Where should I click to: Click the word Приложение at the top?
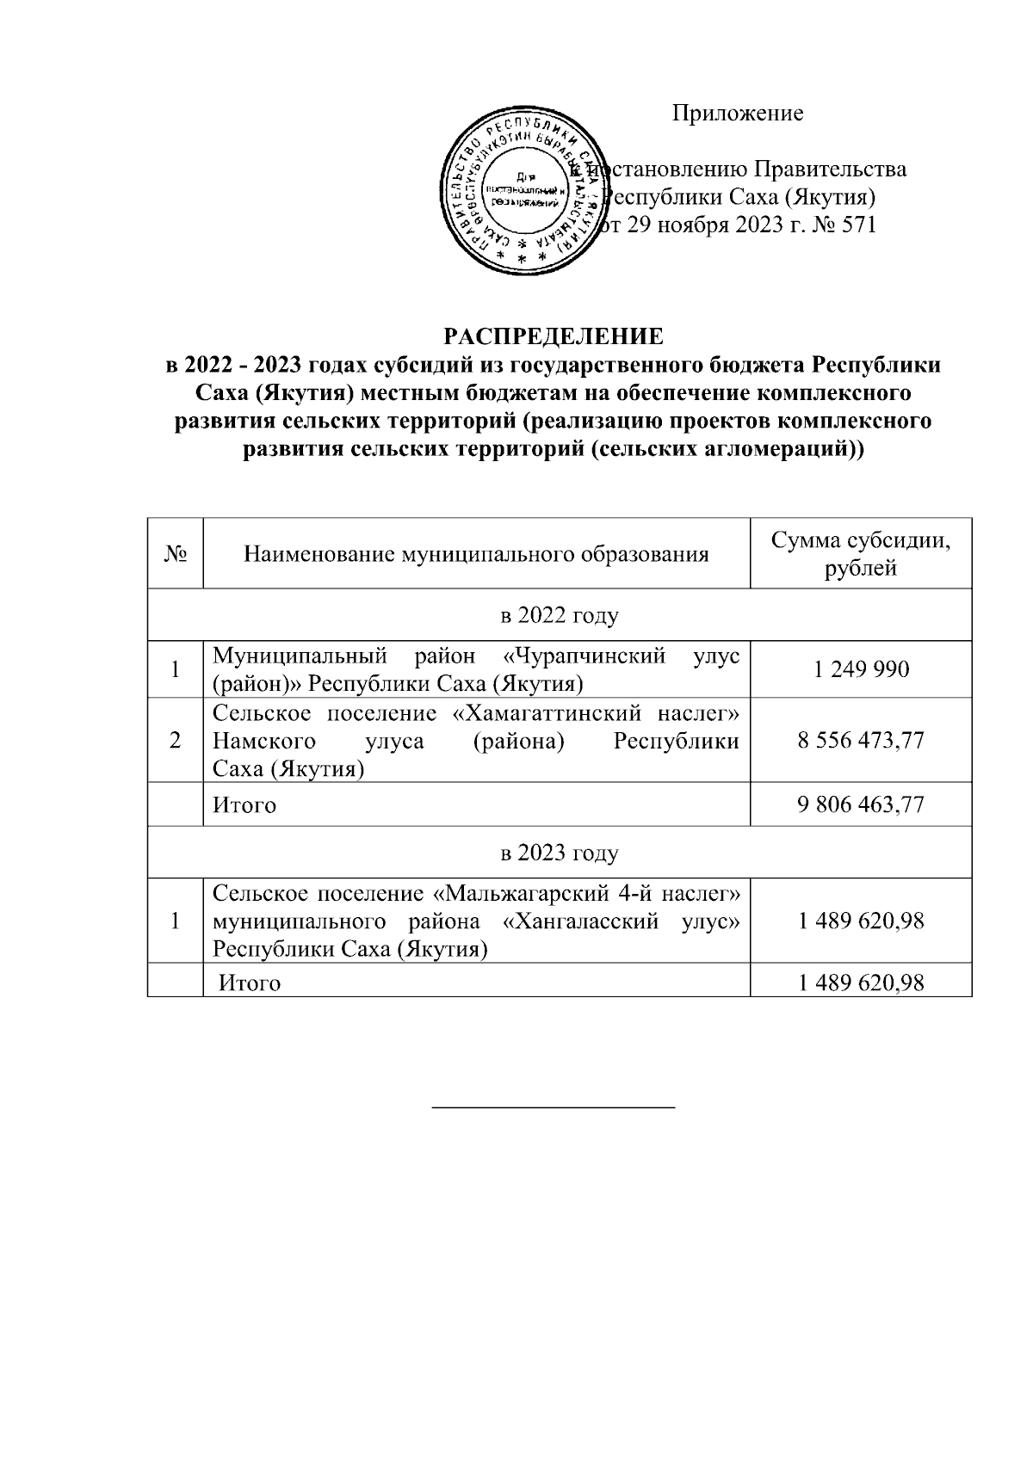coord(738,113)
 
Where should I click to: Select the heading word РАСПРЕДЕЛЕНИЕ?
coord(554,335)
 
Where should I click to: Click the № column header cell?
coord(175,554)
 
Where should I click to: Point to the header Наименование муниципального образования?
coord(476,554)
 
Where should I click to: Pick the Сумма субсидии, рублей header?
coord(860,554)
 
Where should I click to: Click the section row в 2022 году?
coord(560,615)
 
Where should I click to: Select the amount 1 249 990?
coord(861,668)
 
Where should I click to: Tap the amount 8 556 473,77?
coord(861,740)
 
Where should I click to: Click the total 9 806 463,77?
coord(861,804)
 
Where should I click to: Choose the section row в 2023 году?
coord(560,853)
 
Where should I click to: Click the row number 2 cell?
coord(175,740)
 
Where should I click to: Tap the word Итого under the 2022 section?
coord(244,805)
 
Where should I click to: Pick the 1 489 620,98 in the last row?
coord(861,982)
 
